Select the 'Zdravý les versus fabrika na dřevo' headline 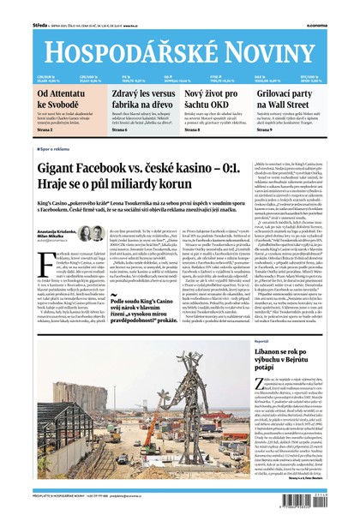[x=138, y=98]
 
